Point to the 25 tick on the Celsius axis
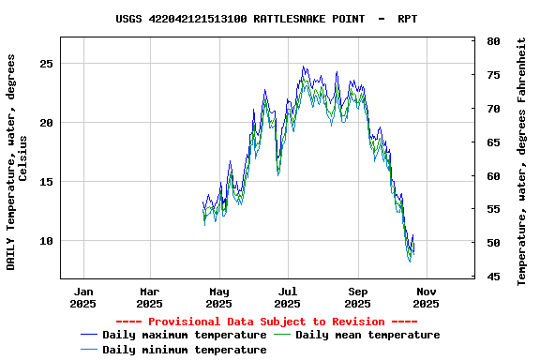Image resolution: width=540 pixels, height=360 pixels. (x=47, y=63)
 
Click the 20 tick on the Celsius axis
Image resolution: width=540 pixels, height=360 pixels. (x=47, y=122)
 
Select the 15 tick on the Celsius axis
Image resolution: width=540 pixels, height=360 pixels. (x=47, y=181)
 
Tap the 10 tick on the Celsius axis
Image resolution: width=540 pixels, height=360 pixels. (x=47, y=240)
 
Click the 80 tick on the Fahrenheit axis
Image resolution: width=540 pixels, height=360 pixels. (x=493, y=41)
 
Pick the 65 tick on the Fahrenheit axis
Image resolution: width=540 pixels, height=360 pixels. (x=493, y=142)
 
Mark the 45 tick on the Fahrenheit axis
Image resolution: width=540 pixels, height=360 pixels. (x=493, y=277)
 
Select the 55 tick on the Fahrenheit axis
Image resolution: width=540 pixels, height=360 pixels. (x=493, y=209)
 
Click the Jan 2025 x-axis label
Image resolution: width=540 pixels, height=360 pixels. (x=83, y=296)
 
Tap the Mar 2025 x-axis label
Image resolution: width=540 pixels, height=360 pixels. (x=149, y=296)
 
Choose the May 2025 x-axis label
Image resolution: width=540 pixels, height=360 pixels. (x=218, y=296)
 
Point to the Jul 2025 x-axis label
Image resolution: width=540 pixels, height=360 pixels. (x=288, y=296)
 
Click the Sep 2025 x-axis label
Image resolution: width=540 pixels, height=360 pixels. (x=357, y=296)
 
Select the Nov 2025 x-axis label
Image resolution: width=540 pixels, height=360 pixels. (x=427, y=296)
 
